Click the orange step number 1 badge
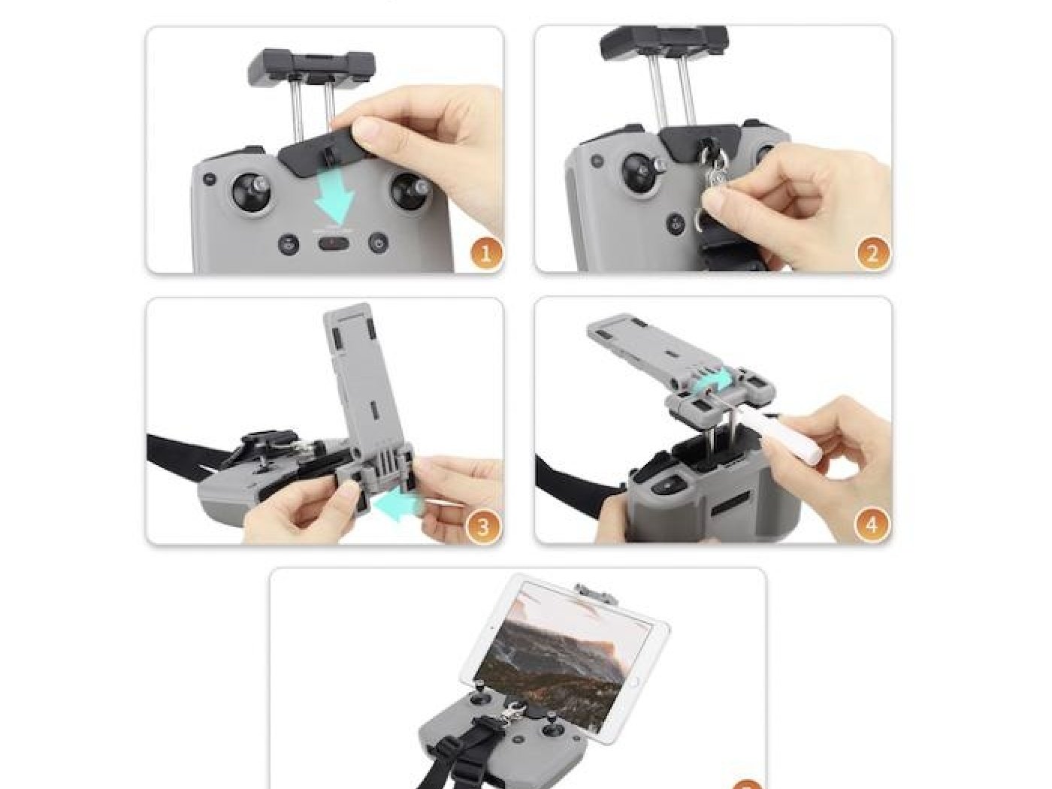(485, 253)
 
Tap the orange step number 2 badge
(872, 253)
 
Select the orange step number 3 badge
(483, 526)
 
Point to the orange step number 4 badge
(871, 526)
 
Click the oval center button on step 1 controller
(334, 243)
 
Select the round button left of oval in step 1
(288, 244)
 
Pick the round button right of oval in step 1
(377, 243)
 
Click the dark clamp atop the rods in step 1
(310, 67)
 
